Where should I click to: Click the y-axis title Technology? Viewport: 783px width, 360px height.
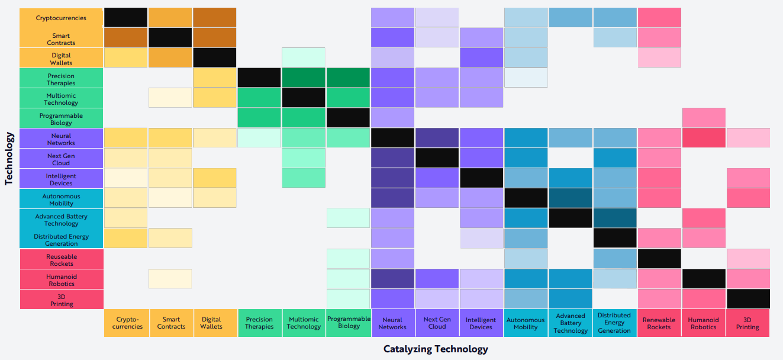click(x=9, y=159)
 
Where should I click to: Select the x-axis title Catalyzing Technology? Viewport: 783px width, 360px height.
click(x=436, y=349)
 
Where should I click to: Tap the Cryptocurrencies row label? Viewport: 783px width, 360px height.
click(x=61, y=18)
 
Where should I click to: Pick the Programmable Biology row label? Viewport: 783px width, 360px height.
click(x=61, y=118)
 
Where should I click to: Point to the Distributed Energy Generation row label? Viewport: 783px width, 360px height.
click(x=61, y=239)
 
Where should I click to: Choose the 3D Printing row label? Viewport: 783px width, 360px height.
click(x=61, y=300)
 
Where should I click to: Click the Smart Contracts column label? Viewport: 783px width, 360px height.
click(x=171, y=323)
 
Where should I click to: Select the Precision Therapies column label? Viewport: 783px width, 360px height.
click(x=259, y=323)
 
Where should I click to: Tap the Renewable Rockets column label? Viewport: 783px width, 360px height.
click(x=659, y=323)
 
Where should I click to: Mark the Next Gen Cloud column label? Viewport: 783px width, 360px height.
click(x=437, y=323)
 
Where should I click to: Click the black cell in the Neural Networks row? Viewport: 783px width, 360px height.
click(x=392, y=138)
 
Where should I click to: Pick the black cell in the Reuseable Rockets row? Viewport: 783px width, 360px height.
click(x=659, y=259)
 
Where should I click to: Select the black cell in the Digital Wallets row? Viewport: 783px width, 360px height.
click(x=215, y=57)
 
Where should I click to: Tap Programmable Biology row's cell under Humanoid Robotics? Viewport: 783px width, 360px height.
click(x=704, y=118)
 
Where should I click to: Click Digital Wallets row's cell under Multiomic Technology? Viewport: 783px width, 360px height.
click(x=304, y=57)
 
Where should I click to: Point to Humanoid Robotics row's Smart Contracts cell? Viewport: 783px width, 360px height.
click(x=170, y=279)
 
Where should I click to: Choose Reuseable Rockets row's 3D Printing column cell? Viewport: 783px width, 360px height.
click(x=748, y=259)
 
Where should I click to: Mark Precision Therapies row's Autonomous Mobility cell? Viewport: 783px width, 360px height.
click(x=526, y=78)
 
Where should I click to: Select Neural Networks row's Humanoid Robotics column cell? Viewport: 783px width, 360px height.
click(x=704, y=138)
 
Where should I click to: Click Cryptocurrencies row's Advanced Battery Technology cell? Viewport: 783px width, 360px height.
click(x=571, y=18)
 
